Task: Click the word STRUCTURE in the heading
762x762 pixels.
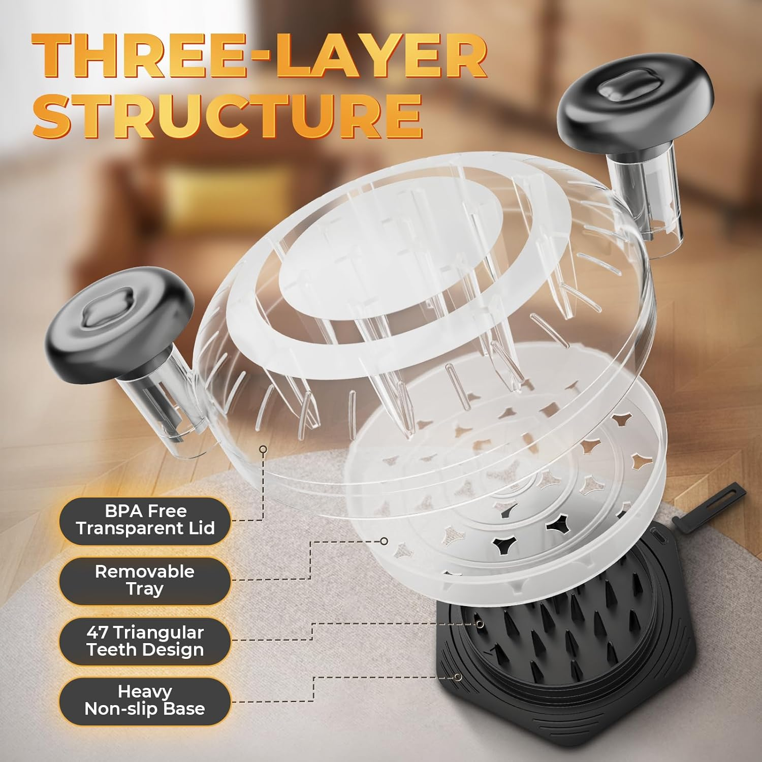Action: [228, 116]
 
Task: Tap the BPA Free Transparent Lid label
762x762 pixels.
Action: [145, 520]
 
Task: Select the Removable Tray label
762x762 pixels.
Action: [145, 581]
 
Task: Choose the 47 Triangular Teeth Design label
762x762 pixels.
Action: [145, 641]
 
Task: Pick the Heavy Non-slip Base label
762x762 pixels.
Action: [145, 701]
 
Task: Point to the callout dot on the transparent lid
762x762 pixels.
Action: [263, 449]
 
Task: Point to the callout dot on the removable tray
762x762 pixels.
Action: [384, 541]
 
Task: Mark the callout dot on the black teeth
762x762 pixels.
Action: [479, 623]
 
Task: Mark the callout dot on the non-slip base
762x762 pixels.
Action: [458, 677]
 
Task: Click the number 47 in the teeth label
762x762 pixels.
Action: [97, 632]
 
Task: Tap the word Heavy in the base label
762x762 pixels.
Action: [145, 692]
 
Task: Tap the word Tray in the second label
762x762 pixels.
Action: [145, 589]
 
